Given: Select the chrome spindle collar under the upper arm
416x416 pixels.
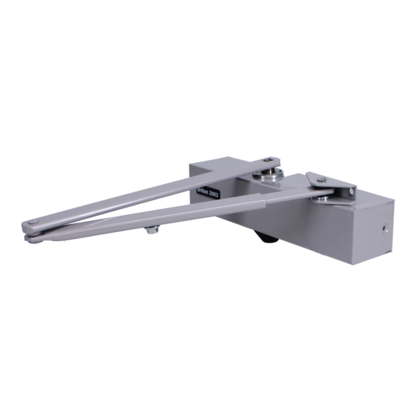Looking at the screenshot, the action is [268, 175].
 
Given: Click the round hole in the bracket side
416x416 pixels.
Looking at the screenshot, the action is [352, 191].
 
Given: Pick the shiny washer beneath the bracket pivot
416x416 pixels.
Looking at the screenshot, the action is [322, 198].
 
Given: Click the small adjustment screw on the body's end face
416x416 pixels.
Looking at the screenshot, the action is [385, 228].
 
